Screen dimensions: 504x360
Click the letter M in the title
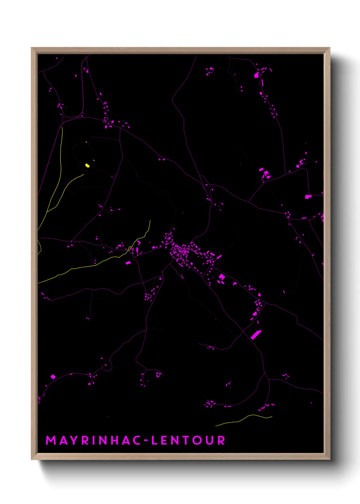click(x=51, y=440)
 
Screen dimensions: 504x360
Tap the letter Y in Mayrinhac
click(x=74, y=440)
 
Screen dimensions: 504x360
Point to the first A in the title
click(x=63, y=440)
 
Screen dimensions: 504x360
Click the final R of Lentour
click(x=221, y=440)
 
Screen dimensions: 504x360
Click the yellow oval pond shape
click(x=87, y=166)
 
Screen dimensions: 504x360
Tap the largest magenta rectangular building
click(x=256, y=334)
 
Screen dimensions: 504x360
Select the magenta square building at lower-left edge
click(x=53, y=377)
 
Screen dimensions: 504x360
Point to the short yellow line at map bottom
click(x=244, y=419)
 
